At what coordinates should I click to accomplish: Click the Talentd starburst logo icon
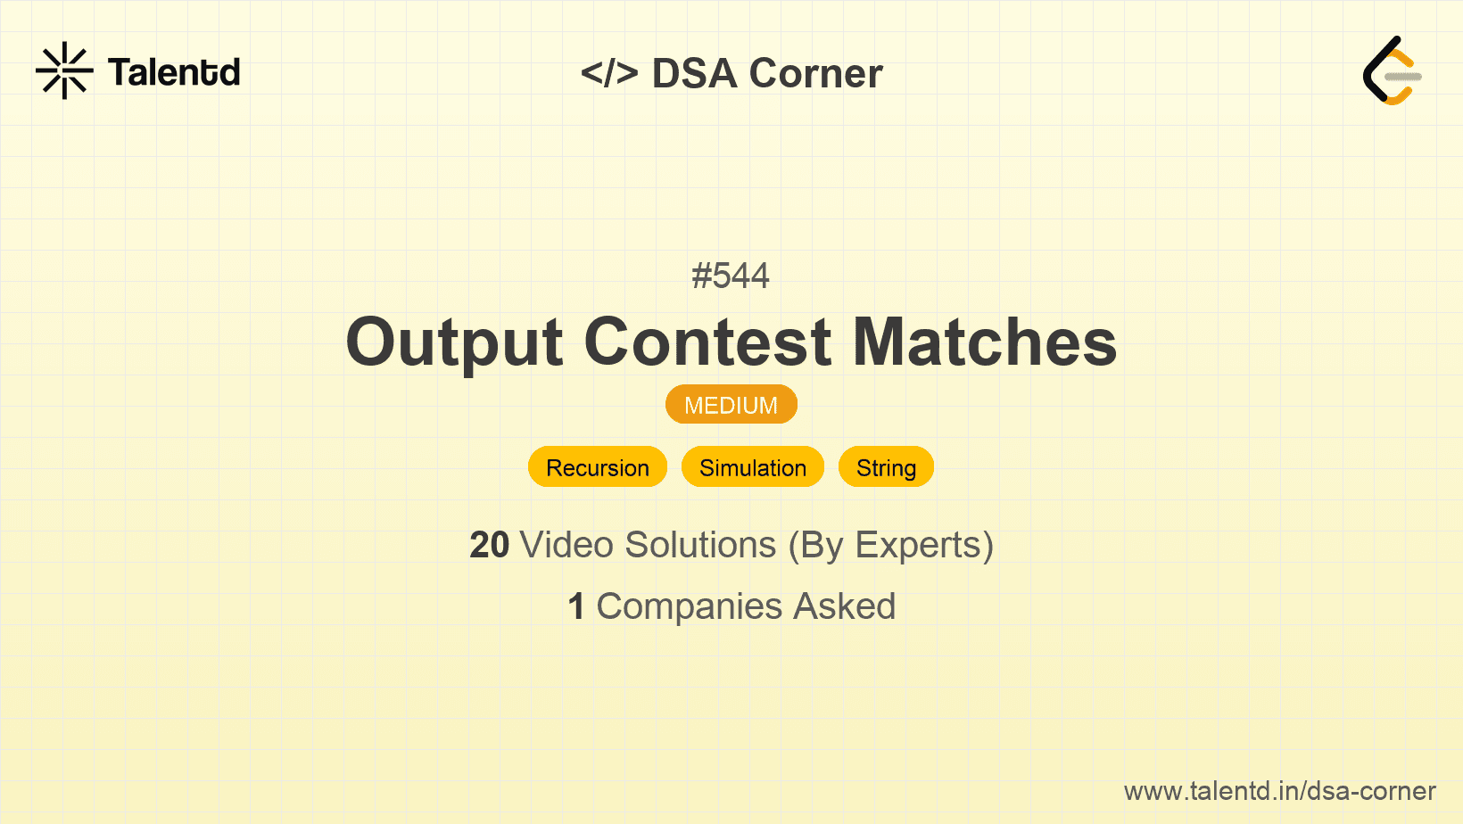(64, 70)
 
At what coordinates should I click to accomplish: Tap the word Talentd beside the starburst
(174, 72)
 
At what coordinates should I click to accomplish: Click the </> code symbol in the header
(608, 72)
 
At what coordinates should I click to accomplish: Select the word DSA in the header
(694, 73)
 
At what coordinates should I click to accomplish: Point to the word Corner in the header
(815, 73)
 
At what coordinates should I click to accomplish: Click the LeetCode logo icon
(1392, 70)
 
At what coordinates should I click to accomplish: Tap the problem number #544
(731, 276)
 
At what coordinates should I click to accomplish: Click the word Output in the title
(454, 343)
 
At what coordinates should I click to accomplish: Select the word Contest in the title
(707, 342)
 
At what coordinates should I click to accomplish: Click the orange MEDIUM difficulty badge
(731, 405)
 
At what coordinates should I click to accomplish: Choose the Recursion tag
(598, 467)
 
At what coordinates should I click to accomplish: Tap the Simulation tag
(752, 467)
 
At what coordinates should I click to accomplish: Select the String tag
(887, 467)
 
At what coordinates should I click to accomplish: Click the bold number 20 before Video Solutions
(489, 545)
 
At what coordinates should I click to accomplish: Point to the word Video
(566, 545)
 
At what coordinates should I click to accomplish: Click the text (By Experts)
(891, 546)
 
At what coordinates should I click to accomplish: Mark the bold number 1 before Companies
(576, 606)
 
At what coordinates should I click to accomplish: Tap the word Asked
(845, 606)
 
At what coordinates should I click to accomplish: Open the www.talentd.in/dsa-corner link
(1279, 791)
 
